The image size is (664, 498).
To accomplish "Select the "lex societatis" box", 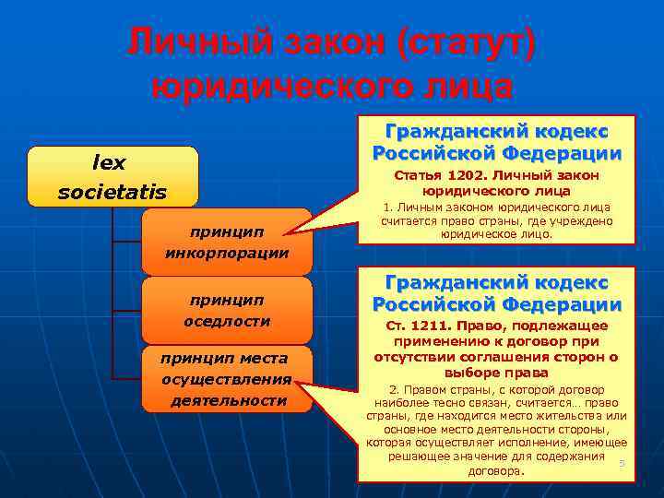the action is (113, 176).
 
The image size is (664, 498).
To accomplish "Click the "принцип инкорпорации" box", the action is (227, 242).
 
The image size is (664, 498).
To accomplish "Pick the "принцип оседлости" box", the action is (227, 310).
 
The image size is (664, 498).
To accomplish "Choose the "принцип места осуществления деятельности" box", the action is (227, 378).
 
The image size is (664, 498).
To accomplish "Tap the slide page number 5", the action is (622, 463).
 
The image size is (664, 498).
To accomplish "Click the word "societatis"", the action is (113, 193).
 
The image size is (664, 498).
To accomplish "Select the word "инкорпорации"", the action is (227, 252).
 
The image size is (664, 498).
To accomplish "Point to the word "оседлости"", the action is (227, 321).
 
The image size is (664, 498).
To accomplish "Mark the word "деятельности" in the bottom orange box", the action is (228, 400).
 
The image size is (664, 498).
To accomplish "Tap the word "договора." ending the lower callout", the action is (496, 470).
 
